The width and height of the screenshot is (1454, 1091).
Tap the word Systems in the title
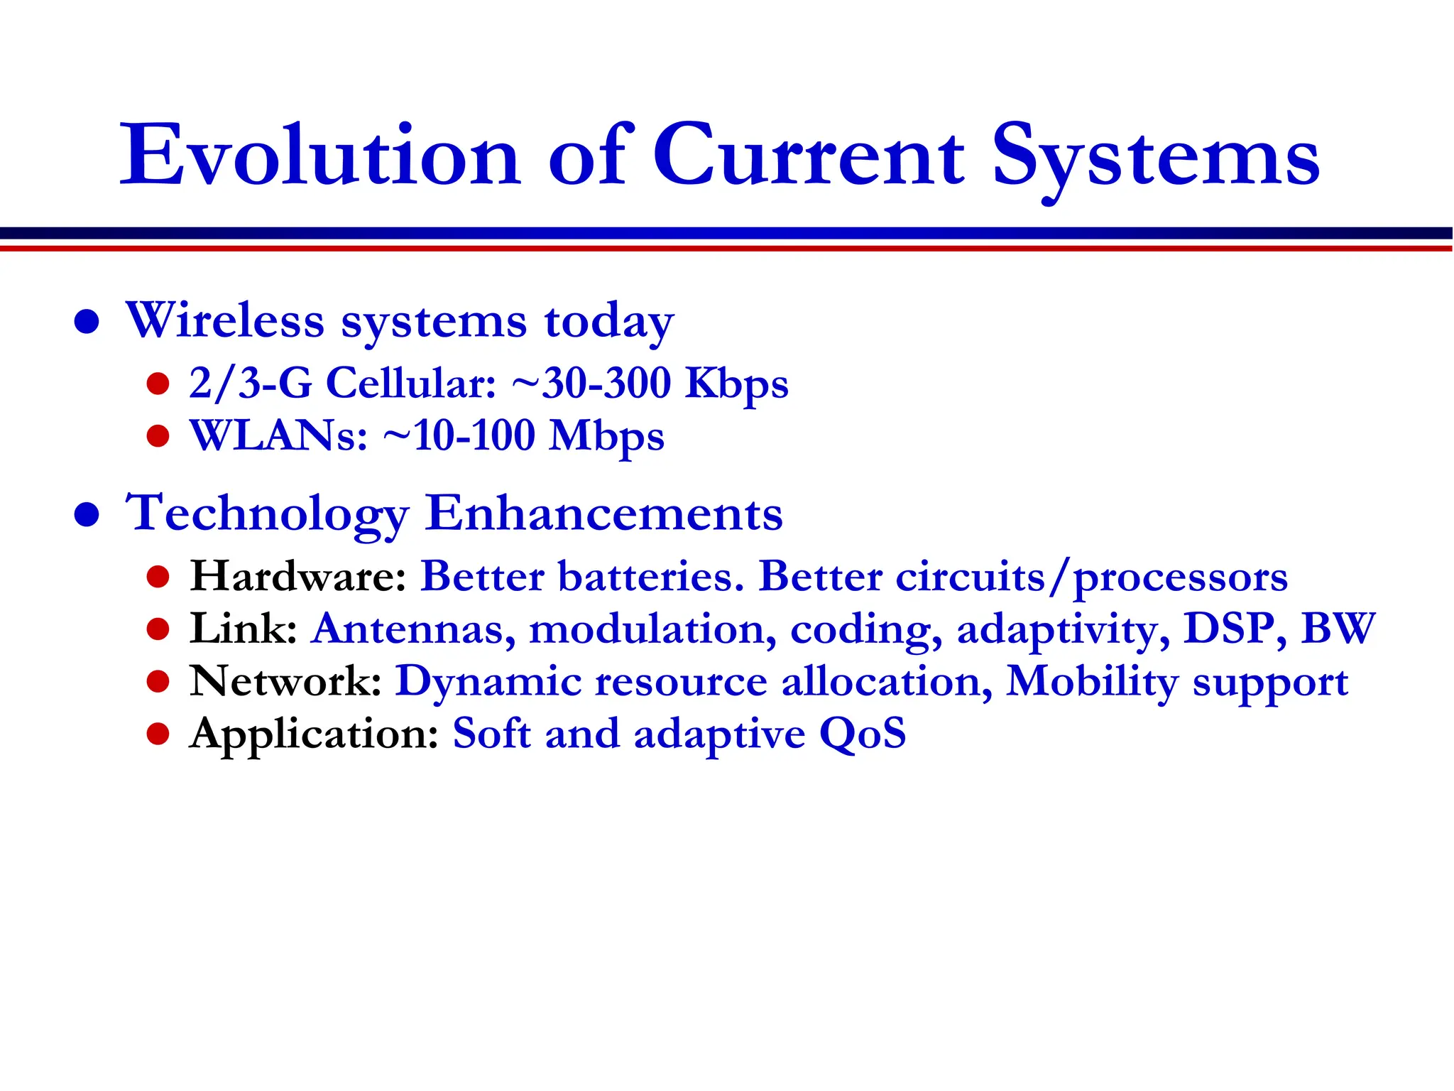coord(1155,158)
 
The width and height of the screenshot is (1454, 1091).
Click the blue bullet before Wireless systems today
coord(87,321)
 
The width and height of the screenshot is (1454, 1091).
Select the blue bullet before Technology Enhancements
coord(87,514)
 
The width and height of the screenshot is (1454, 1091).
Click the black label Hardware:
coord(297,576)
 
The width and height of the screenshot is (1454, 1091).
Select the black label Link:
coord(244,629)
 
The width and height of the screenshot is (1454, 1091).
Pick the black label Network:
coord(286,681)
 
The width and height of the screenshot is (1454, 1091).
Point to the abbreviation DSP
coord(1228,629)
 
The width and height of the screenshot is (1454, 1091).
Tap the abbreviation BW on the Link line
coord(1338,629)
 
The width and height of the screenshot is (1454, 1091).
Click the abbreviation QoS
coord(863,734)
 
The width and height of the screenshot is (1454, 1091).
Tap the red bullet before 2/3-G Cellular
coord(158,384)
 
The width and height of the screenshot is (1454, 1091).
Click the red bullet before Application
coord(158,734)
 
